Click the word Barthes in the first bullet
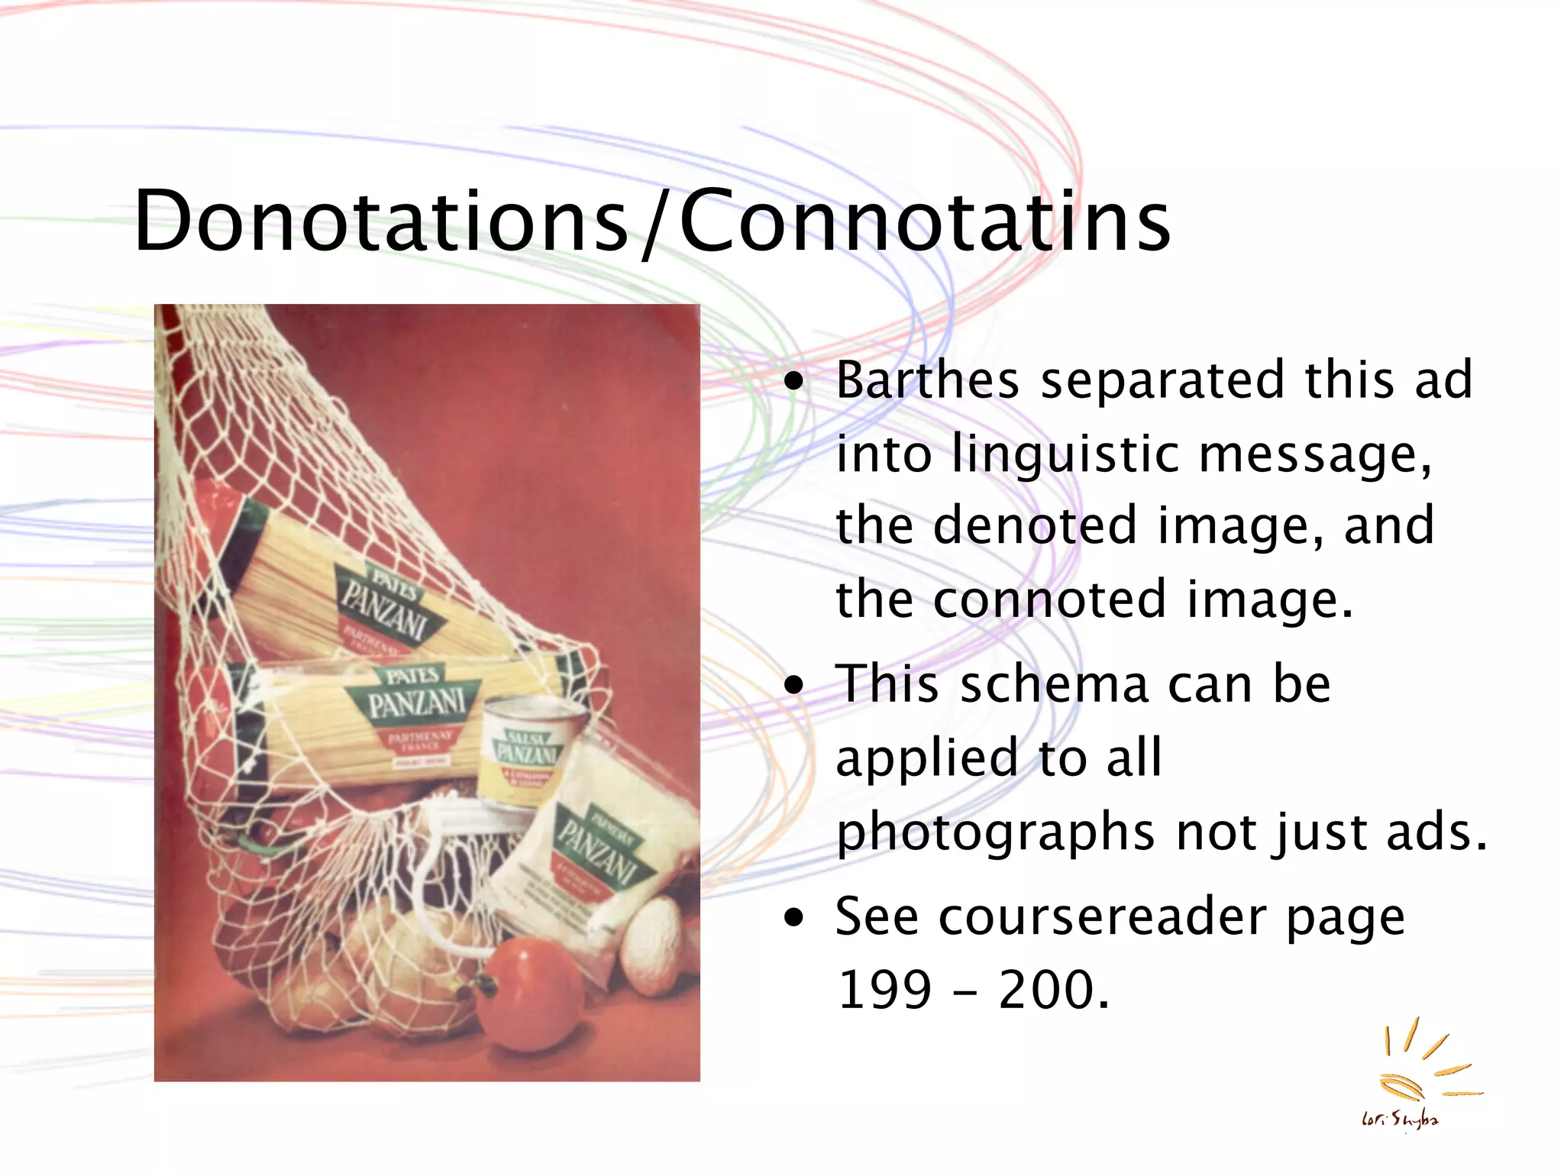(927, 380)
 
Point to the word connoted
(1049, 599)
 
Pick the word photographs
(995, 832)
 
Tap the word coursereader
(1102, 916)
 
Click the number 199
(884, 990)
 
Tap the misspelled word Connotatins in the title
(924, 221)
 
